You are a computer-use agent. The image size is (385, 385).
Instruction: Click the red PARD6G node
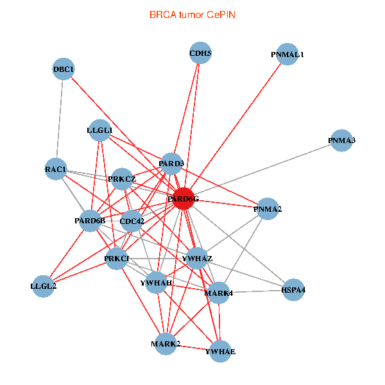(x=184, y=199)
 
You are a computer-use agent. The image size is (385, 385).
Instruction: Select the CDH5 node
(x=201, y=54)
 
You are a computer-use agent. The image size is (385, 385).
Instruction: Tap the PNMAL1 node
(x=287, y=55)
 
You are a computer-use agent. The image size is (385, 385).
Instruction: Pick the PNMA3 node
(x=341, y=141)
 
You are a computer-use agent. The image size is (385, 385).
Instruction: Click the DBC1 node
(x=64, y=69)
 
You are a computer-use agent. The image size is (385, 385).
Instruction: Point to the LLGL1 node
(x=99, y=130)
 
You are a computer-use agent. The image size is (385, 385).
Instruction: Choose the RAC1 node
(x=56, y=169)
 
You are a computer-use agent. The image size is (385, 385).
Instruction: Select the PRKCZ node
(x=122, y=179)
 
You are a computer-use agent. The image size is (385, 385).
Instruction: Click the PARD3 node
(x=171, y=164)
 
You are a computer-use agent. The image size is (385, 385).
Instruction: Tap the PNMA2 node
(x=268, y=209)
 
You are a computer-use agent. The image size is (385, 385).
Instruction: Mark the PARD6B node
(x=90, y=221)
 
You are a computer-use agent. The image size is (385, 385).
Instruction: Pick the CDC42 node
(x=132, y=221)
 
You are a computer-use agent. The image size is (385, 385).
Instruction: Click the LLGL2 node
(x=44, y=286)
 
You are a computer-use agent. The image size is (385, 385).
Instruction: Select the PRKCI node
(x=117, y=259)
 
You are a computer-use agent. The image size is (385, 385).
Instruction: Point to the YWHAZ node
(x=197, y=258)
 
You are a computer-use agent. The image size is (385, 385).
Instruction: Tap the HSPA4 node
(x=293, y=290)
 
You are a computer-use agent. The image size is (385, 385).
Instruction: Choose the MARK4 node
(x=218, y=293)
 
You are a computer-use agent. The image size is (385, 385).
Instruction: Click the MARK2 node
(x=166, y=344)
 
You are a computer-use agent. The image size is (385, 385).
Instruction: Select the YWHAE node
(x=219, y=352)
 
